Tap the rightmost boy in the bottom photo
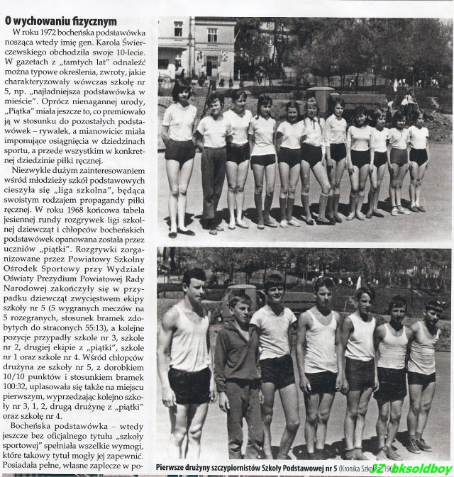point(425,369)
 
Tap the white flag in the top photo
point(394,85)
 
